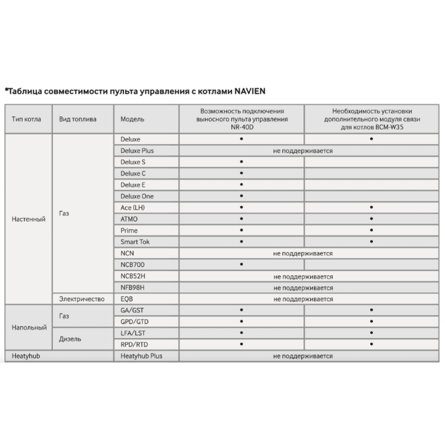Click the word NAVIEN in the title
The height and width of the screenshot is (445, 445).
click(250, 91)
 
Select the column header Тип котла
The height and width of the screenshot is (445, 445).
click(26, 119)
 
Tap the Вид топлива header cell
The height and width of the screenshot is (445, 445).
click(77, 119)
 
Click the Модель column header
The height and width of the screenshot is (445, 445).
click(132, 119)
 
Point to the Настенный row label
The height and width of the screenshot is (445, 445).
click(28, 219)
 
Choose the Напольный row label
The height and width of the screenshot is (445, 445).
click(28, 328)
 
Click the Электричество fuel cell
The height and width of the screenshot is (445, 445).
click(81, 299)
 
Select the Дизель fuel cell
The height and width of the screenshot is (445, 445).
click(70, 339)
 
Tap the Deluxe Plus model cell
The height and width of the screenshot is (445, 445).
click(137, 150)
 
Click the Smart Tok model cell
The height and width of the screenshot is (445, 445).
click(135, 242)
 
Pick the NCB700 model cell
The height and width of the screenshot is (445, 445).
click(132, 265)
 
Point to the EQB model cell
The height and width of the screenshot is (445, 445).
click(127, 299)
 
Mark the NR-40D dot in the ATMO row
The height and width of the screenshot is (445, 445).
click(241, 219)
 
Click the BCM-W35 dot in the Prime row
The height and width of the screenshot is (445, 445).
click(371, 231)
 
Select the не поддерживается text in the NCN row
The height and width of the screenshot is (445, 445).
click(303, 253)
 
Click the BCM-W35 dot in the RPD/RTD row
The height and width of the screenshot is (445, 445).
click(371, 344)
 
